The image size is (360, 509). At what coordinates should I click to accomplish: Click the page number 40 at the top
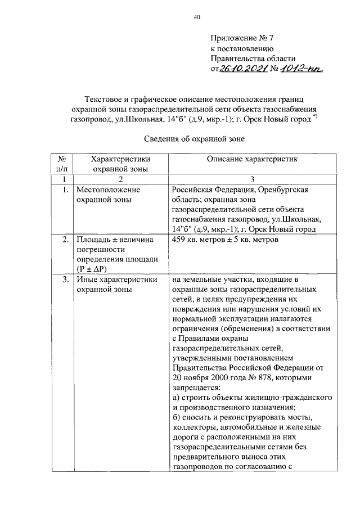click(197, 17)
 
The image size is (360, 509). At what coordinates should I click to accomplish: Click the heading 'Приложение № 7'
click(241, 38)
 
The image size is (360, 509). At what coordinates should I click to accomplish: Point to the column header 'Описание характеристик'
click(251, 159)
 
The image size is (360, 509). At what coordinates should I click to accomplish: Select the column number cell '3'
click(252, 179)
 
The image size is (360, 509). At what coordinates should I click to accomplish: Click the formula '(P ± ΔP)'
click(95, 269)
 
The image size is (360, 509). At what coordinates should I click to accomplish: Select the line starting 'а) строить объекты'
click(252, 397)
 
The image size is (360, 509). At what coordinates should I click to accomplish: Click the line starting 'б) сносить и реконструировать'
click(245, 417)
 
